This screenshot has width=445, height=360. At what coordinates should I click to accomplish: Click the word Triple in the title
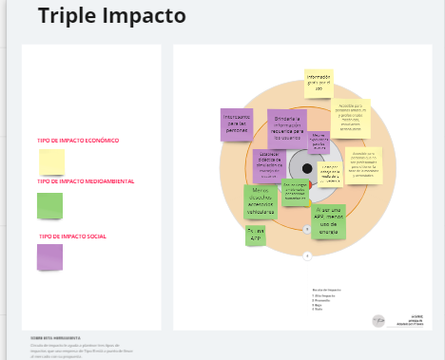pyautogui.click(x=66, y=17)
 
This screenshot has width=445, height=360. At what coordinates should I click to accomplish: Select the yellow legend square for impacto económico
pyautogui.click(x=50, y=161)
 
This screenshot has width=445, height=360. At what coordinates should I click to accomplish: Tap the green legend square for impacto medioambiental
pyautogui.click(x=49, y=205)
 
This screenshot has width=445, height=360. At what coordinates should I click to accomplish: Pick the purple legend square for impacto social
pyautogui.click(x=49, y=256)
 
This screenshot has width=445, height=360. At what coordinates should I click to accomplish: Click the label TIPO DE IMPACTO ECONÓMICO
pyautogui.click(x=78, y=141)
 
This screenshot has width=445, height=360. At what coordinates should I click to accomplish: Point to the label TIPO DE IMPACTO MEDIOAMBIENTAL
pyautogui.click(x=86, y=181)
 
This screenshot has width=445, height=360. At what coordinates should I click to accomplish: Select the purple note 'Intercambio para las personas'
pyautogui.click(x=236, y=124)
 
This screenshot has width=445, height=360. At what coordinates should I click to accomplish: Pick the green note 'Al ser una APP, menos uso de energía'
pyautogui.click(x=329, y=221)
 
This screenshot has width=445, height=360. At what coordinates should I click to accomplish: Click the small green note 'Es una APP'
pyautogui.click(x=255, y=236)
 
